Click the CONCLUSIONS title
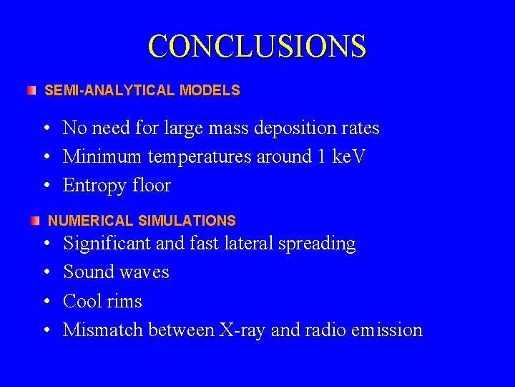(257, 47)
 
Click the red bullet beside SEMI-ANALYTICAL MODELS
(31, 91)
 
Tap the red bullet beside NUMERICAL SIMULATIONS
(36, 221)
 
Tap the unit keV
(348, 157)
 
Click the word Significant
(107, 244)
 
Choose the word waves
(145, 272)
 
